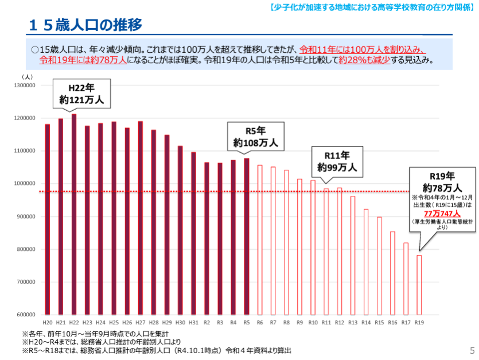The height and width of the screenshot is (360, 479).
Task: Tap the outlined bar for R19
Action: pos(419,285)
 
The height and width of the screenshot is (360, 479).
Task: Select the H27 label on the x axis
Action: pos(141,323)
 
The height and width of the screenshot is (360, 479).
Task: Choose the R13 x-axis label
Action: pos(353,323)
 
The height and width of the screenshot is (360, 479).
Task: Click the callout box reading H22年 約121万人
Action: pos(81,94)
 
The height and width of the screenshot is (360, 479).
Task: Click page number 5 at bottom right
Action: pos(472,350)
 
